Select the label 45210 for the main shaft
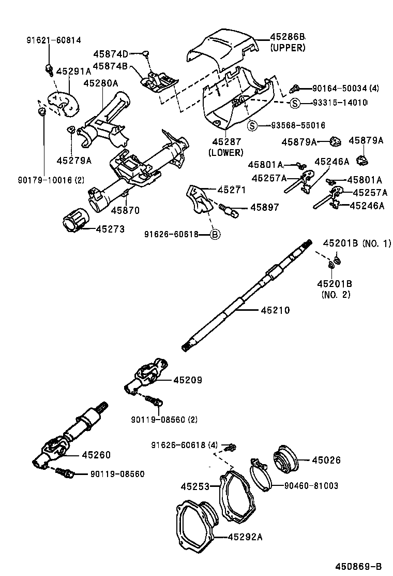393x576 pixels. click(275, 310)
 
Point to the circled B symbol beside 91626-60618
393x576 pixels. click(216, 235)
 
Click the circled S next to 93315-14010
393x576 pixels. click(294, 103)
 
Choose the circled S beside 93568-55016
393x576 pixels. click(252, 125)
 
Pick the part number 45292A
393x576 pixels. click(245, 537)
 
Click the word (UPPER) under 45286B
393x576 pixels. click(288, 48)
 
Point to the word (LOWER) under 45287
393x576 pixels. click(225, 152)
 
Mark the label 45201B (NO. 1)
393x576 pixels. click(357, 243)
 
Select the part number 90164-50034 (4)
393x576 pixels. click(345, 89)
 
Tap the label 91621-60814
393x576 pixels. click(54, 40)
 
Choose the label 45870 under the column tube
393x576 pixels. click(125, 211)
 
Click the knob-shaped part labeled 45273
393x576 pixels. click(73, 224)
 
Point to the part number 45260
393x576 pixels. click(96, 455)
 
